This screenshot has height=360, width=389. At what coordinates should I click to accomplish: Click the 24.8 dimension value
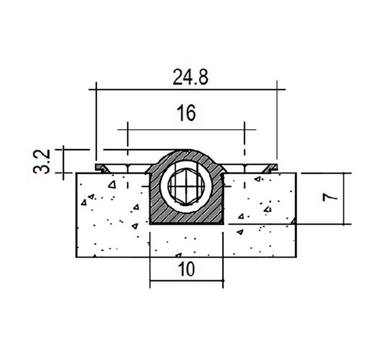point(190,77)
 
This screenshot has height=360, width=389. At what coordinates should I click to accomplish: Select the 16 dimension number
point(186,113)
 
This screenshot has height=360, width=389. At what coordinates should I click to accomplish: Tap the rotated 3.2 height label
point(41,162)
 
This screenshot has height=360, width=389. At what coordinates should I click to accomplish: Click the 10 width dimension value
point(186,269)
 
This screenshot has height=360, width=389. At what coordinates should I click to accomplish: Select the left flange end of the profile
point(102,167)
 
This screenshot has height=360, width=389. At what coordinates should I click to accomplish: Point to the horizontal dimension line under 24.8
point(187,89)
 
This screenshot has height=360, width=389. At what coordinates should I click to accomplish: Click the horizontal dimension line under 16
point(186,130)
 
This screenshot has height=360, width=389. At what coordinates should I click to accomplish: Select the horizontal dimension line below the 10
point(186,281)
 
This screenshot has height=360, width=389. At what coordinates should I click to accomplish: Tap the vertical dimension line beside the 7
point(344,199)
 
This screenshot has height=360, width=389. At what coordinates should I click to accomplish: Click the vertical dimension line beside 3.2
point(63,162)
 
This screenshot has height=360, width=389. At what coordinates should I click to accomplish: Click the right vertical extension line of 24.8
point(277,122)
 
